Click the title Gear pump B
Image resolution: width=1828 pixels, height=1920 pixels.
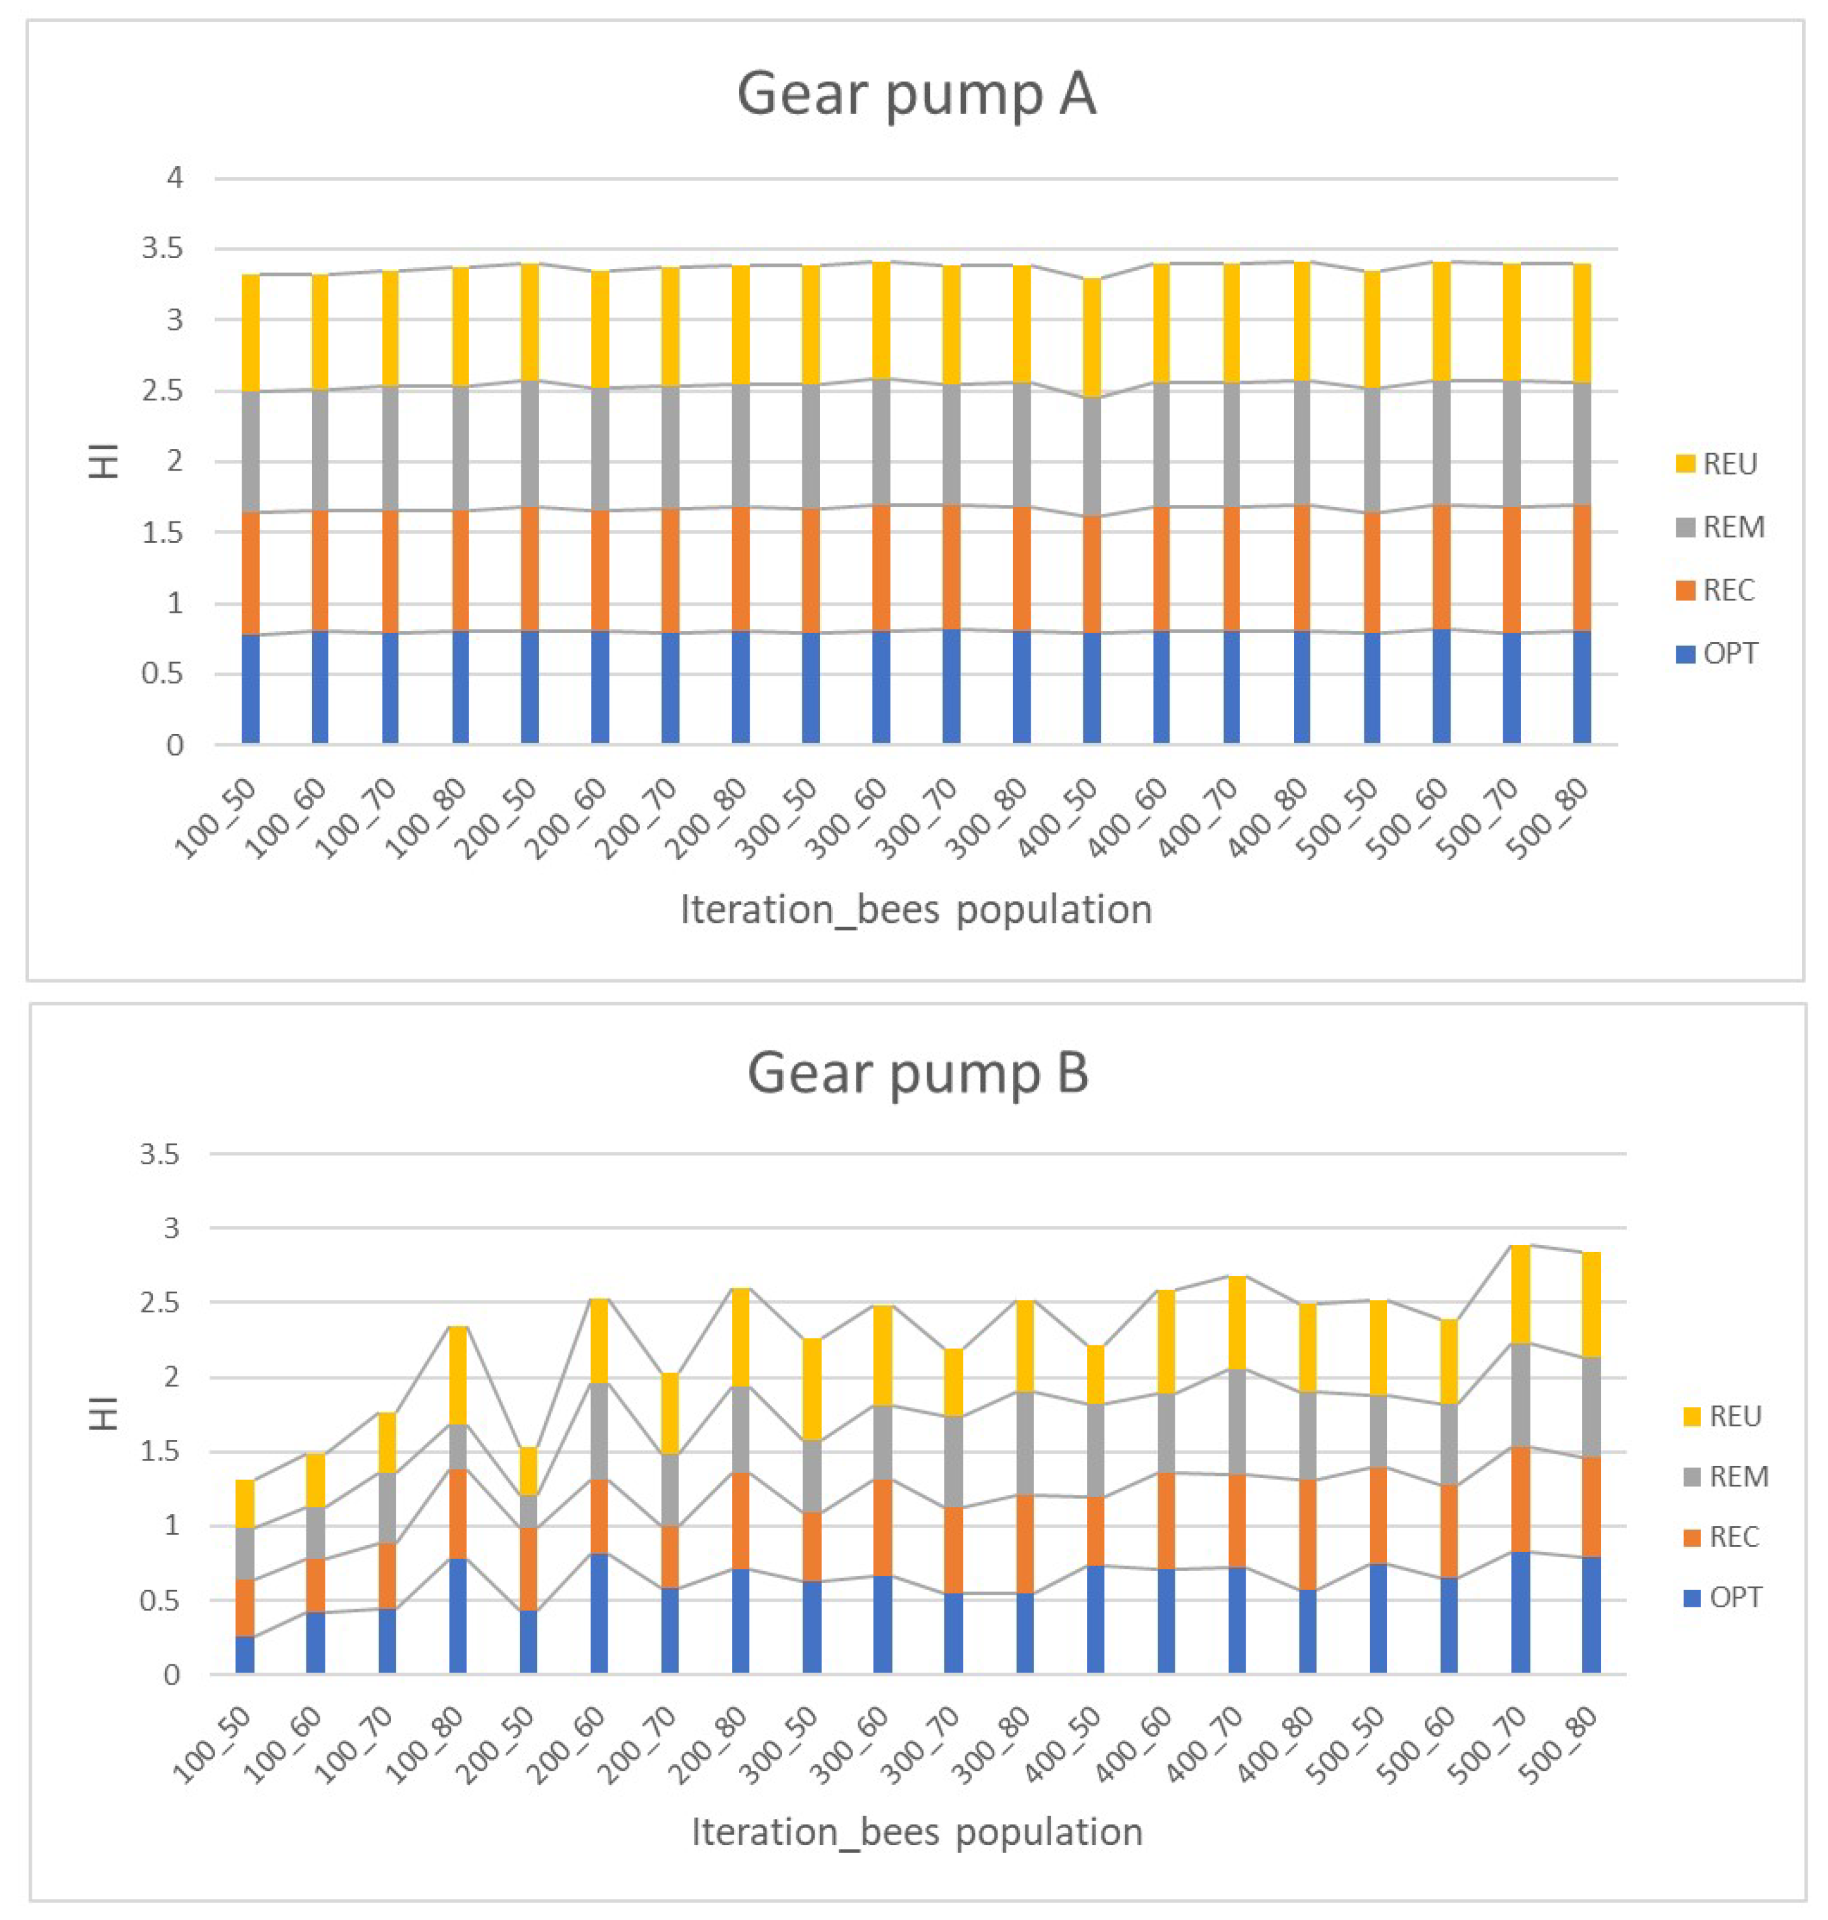[x=917, y=1073]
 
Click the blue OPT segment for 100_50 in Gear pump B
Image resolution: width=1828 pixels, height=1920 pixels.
[x=245, y=1656]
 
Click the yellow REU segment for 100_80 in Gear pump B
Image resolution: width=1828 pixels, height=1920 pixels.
[x=458, y=1375]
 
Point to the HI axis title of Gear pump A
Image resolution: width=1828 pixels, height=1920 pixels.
[x=104, y=461]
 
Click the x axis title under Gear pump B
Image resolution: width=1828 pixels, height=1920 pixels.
[x=916, y=1833]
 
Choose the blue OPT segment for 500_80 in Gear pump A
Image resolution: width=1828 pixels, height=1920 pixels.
[x=1581, y=687]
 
